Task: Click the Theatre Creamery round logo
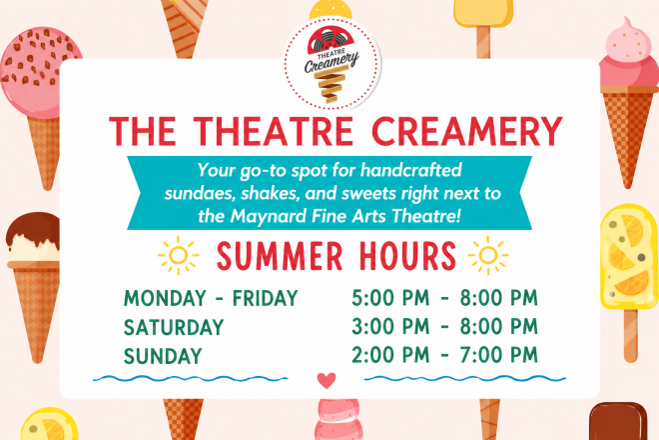coord(331,64)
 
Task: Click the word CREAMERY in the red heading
coord(466,131)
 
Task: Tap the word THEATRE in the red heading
coord(274,131)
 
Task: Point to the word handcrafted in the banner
coord(410,170)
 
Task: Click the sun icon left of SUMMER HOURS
coord(178,255)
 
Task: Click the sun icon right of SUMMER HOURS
coord(488,255)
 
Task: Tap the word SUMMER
coord(280,256)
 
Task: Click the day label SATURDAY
coord(174,327)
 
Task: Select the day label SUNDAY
coord(163,356)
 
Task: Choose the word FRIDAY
coord(266,298)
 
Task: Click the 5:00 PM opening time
coord(390,298)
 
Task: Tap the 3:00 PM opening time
coord(390,326)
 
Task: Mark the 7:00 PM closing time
coord(499,355)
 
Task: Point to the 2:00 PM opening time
coord(390,355)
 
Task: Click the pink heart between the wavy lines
coord(327,380)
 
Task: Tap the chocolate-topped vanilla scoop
coord(33,237)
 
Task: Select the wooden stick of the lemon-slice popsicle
coord(630,336)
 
